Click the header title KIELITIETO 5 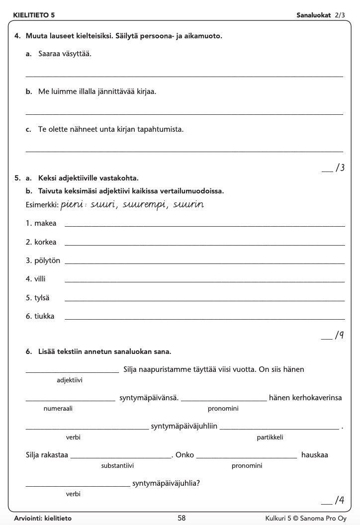(34, 15)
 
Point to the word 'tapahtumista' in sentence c (163, 129)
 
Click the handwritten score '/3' (340, 168)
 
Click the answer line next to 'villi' (204, 281)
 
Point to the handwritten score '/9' (340, 336)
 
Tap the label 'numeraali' (58, 409)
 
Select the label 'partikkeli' (270, 437)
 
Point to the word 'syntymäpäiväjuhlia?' (167, 483)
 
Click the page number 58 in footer (181, 518)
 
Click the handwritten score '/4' (340, 500)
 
